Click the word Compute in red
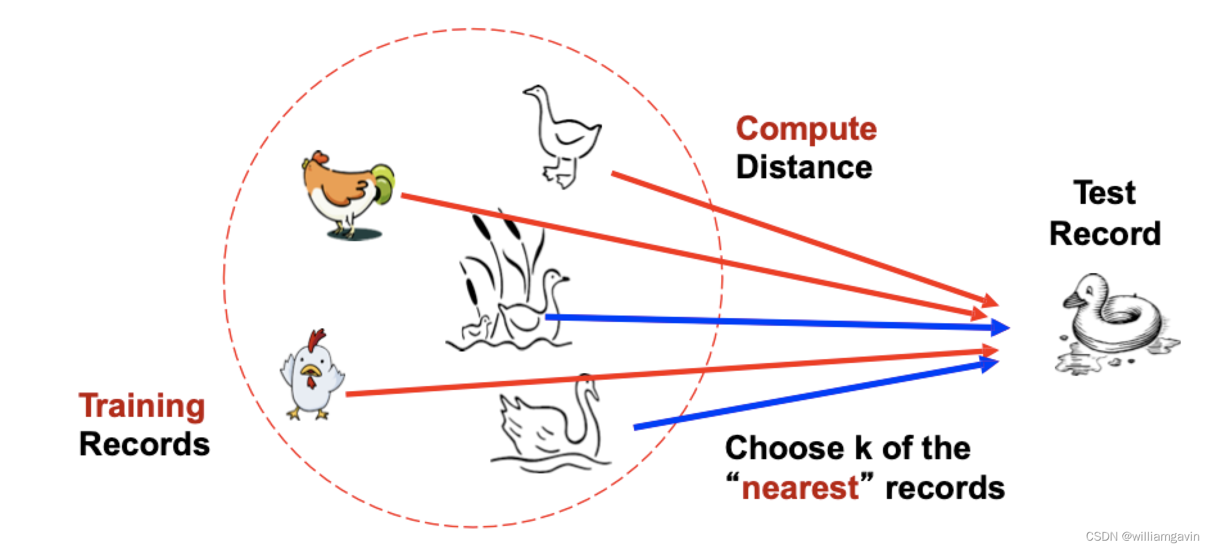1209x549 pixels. tap(806, 129)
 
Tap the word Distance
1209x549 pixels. tap(804, 167)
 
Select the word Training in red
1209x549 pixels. tap(142, 406)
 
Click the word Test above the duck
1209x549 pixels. tap(1104, 192)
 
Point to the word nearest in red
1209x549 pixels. tap(800, 488)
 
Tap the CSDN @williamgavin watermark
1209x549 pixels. tap(1142, 536)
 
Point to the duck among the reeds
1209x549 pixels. tap(533, 308)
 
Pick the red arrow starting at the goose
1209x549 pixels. tap(802, 237)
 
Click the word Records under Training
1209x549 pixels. tap(144, 444)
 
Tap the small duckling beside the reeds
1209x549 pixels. tap(478, 328)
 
